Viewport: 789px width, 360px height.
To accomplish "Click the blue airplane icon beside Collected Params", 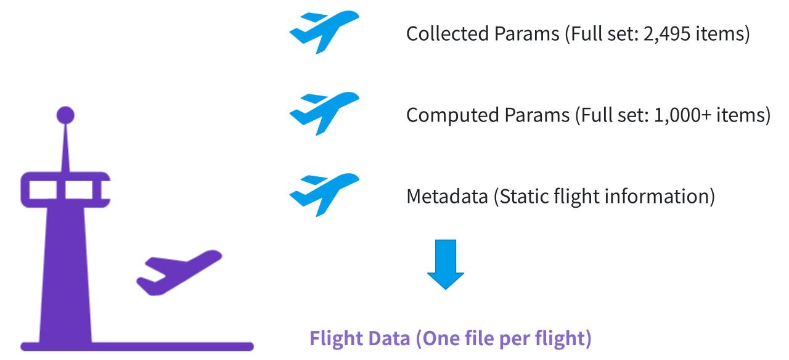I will tap(324, 32).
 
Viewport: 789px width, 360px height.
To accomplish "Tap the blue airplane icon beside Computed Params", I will tap(324, 113).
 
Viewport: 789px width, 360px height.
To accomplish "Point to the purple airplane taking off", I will tap(179, 272).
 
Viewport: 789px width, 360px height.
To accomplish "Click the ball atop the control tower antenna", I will tap(65, 115).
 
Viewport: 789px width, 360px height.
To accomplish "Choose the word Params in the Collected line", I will tap(528, 34).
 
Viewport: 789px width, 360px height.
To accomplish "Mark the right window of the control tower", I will tap(78, 190).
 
